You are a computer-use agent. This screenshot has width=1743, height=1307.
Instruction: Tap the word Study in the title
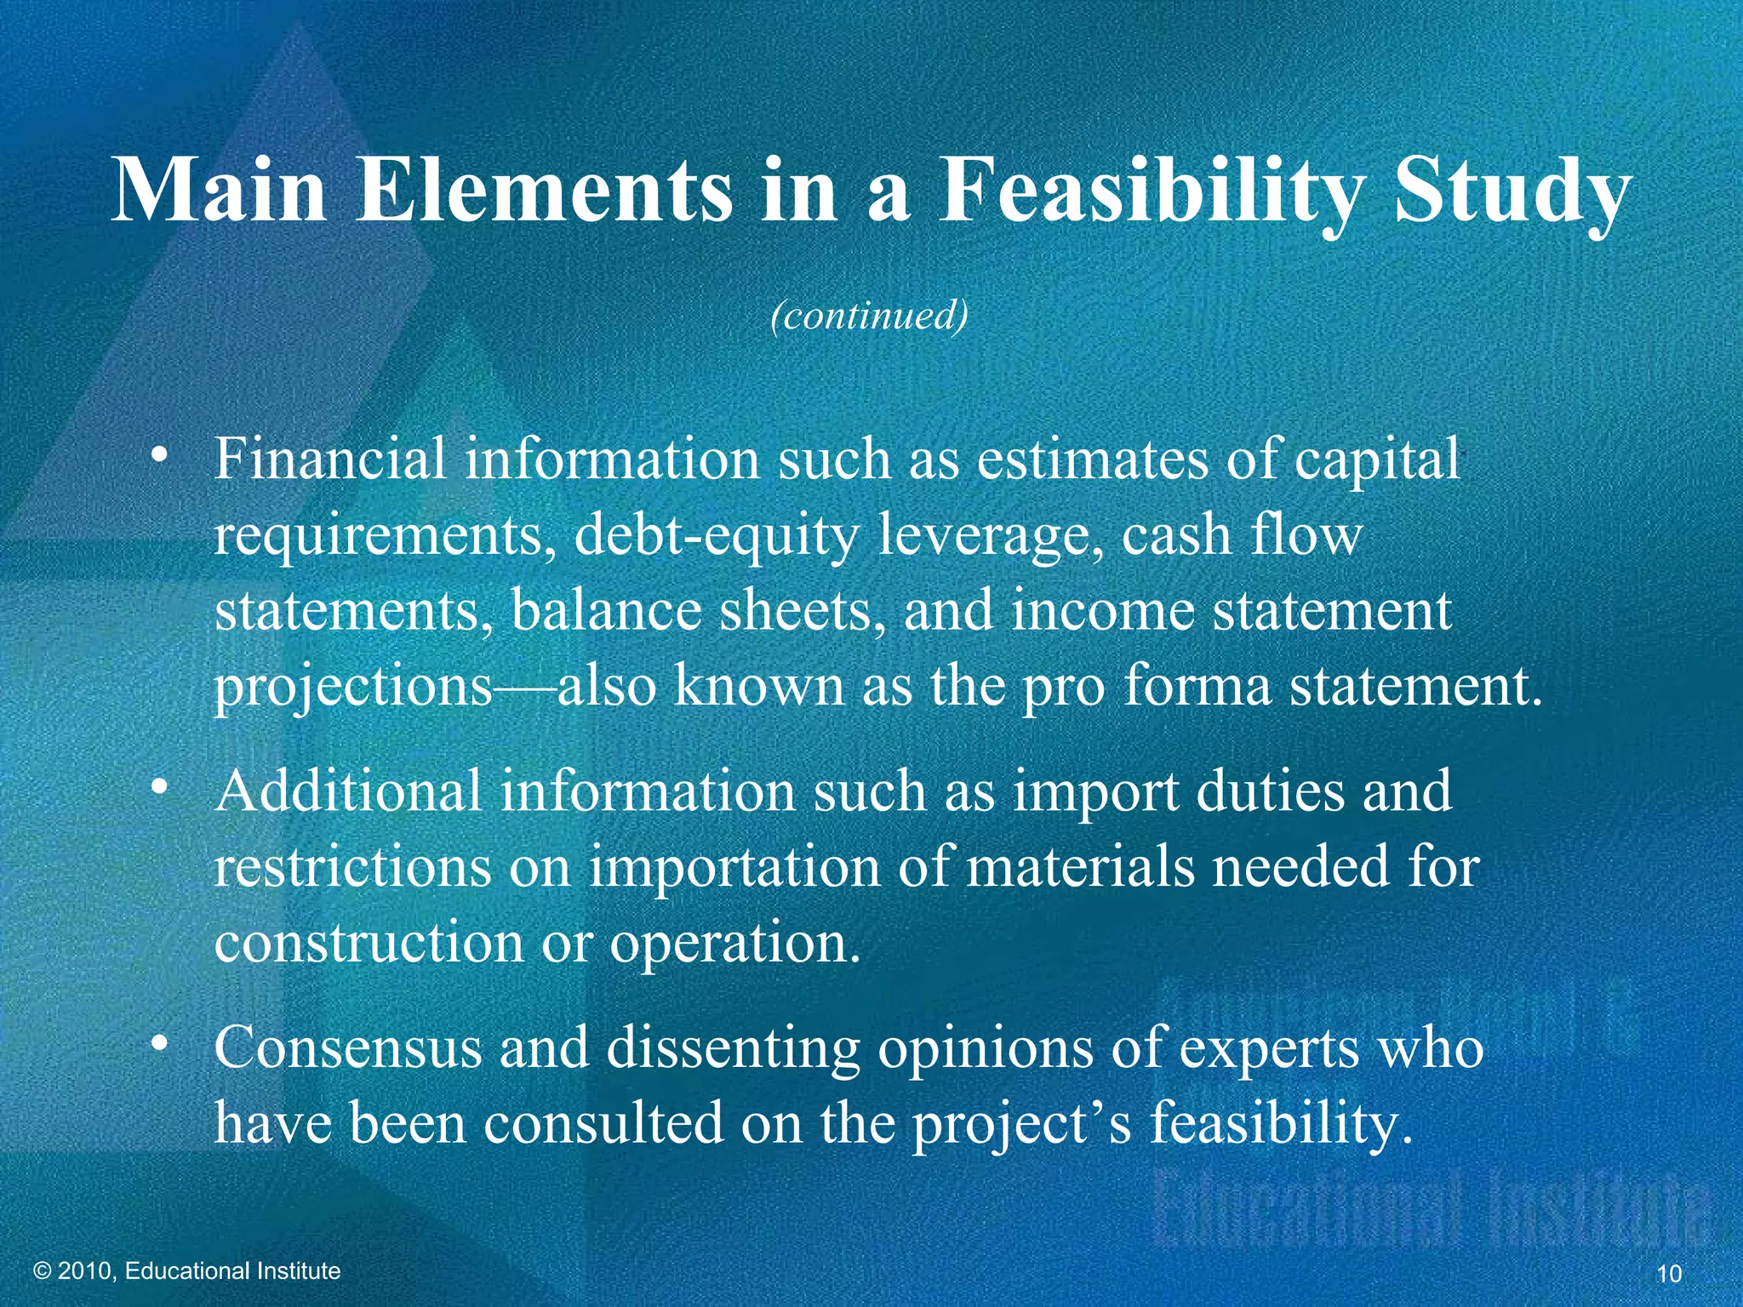pos(1512,192)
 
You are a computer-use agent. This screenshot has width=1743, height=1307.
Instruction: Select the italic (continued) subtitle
pos(869,316)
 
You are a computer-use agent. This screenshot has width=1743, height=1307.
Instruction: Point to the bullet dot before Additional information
pos(157,789)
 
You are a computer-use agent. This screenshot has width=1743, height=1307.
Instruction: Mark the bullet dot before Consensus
pos(157,1045)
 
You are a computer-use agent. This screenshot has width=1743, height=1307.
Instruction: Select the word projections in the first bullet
pos(353,688)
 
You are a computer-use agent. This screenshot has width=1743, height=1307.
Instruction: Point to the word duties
pos(1272,790)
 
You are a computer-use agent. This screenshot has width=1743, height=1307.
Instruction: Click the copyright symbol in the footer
pos(43,1270)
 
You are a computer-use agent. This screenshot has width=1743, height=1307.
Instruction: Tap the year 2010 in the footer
pos(89,1270)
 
